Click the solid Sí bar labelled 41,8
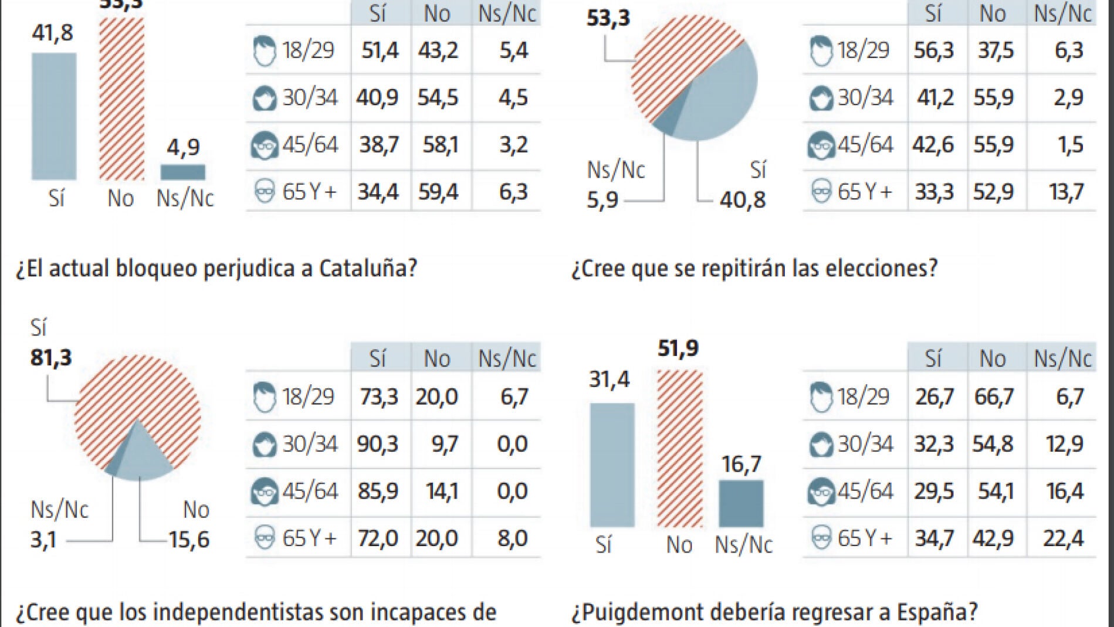click(x=54, y=116)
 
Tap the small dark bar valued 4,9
click(x=183, y=172)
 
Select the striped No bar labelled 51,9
click(x=679, y=449)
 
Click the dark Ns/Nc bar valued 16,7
click(x=741, y=503)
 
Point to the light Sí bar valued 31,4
click(x=612, y=465)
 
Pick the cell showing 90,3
click(x=378, y=444)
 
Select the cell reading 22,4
click(x=1063, y=538)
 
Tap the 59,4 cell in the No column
click(x=438, y=192)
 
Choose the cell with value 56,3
click(x=934, y=50)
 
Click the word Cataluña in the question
click(x=368, y=268)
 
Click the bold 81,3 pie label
click(x=51, y=357)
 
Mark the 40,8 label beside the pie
click(x=743, y=200)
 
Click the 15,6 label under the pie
click(x=189, y=539)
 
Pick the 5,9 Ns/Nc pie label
click(x=602, y=200)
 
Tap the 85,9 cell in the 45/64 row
click(x=378, y=491)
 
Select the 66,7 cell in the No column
click(x=994, y=397)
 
